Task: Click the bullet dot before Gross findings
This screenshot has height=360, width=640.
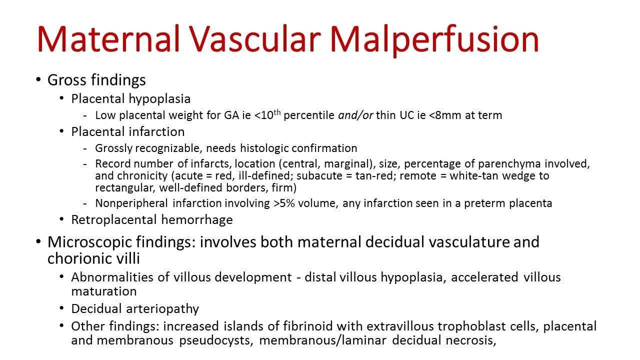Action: pyautogui.click(x=39, y=80)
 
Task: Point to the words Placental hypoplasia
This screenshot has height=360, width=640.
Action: pyautogui.click(x=131, y=98)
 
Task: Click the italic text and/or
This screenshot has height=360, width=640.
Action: pyautogui.click(x=355, y=115)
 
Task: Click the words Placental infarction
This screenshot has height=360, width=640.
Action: pyautogui.click(x=128, y=131)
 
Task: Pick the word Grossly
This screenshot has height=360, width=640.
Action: pyautogui.click(x=112, y=148)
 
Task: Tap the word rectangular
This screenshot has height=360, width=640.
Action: pyautogui.click(x=121, y=188)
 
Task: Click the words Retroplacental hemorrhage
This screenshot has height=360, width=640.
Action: pyautogui.click(x=152, y=219)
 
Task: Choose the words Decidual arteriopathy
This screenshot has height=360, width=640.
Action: pyautogui.click(x=135, y=308)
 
